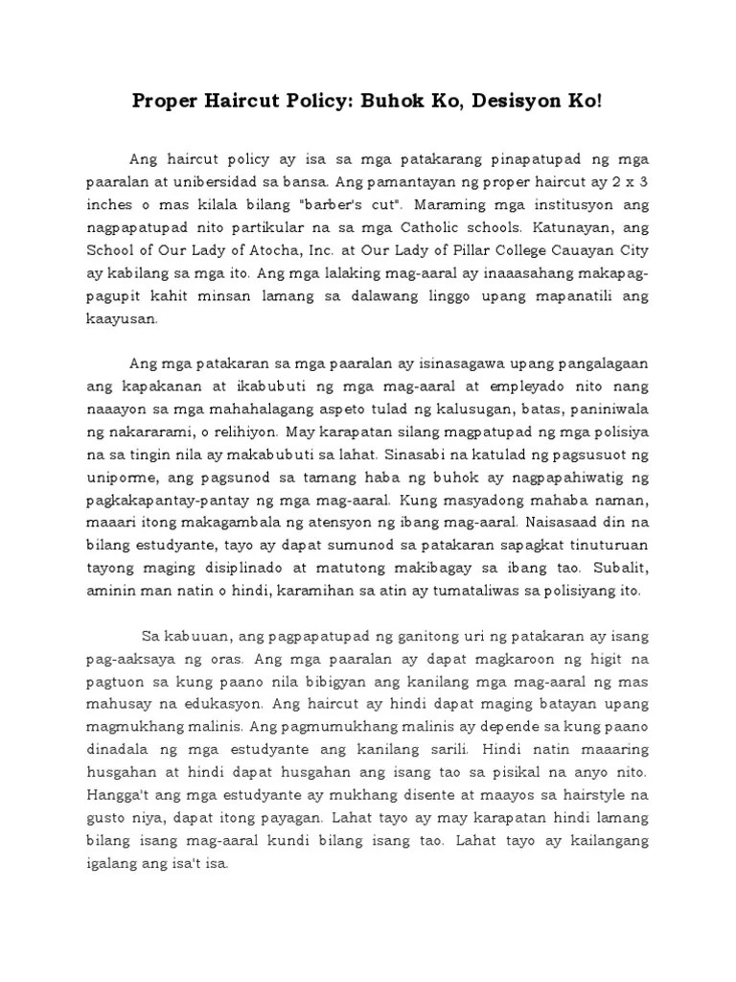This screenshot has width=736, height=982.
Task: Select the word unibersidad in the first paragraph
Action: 239,181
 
